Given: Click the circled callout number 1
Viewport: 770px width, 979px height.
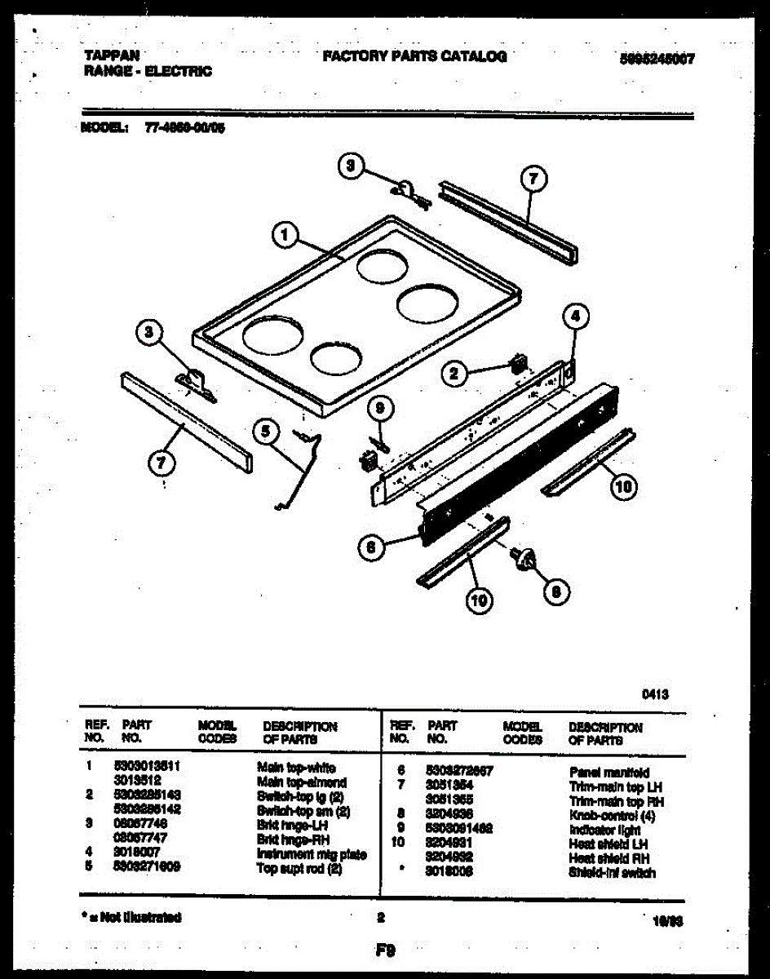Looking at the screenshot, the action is point(283,237).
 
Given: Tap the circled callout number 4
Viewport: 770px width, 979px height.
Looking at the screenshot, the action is point(576,316).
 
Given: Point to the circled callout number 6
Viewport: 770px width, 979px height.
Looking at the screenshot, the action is point(371,549).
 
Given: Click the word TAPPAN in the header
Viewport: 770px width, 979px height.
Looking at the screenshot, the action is point(111,55).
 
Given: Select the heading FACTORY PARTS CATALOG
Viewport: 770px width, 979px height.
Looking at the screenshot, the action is point(414,56).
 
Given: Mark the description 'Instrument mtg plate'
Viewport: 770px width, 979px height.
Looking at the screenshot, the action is point(311,854).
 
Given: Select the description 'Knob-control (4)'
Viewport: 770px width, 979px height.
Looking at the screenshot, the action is point(612,816).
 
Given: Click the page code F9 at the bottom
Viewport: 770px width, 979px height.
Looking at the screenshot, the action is point(385,950).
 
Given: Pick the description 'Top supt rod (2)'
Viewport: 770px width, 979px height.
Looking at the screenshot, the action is point(299,869).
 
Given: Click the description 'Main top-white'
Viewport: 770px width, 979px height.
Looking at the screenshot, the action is point(296,768).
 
